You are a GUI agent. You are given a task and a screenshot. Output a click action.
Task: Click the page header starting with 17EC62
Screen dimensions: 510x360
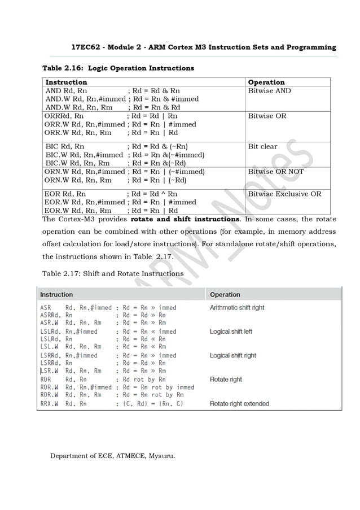(204, 47)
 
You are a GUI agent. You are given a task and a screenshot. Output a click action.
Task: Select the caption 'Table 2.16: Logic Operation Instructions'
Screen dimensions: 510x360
(118, 68)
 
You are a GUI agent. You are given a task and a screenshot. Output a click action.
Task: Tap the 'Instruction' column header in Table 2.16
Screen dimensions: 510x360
(66, 82)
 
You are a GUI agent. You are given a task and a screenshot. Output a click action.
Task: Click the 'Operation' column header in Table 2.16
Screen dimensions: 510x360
(266, 82)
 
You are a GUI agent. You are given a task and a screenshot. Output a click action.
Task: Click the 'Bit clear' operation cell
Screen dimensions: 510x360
(262, 146)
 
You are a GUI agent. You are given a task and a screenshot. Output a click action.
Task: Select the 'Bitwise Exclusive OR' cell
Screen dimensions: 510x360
(284, 194)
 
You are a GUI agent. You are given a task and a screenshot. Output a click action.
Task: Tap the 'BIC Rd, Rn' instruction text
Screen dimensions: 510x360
(65, 146)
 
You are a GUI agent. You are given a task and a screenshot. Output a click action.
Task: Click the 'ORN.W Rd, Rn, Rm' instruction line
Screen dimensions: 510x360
(77, 181)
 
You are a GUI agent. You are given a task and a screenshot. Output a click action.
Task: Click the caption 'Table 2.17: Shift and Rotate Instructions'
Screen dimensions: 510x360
(113, 273)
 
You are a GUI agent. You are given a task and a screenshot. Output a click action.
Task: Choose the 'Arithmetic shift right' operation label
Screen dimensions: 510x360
(236, 308)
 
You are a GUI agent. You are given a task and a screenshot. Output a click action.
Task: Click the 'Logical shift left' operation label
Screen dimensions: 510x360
(231, 332)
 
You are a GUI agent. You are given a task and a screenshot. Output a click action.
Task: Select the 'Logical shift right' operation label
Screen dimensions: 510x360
(232, 355)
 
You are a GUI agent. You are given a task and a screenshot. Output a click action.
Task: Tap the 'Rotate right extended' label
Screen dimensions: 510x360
(239, 404)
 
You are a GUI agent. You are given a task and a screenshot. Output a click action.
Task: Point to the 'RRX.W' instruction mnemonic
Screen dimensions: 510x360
(50, 404)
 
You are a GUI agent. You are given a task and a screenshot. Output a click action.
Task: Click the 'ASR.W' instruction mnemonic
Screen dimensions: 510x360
(50, 322)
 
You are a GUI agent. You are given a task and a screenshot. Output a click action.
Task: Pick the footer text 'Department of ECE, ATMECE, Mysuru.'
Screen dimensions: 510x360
(112, 455)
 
